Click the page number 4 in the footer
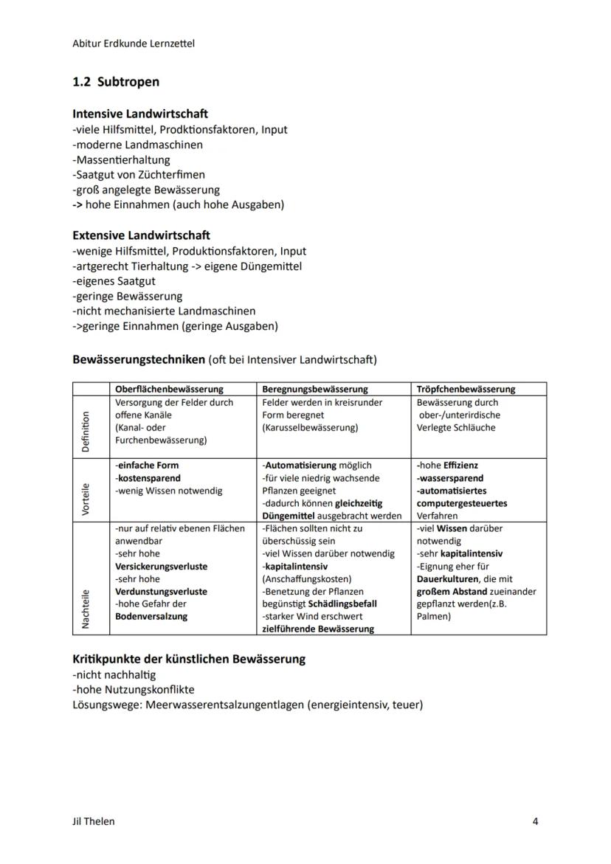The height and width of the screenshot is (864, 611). [x=535, y=821]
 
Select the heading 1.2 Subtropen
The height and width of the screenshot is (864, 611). [x=116, y=82]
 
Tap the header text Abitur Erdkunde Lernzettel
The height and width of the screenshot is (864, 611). [x=133, y=44]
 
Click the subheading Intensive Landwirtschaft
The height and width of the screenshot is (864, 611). [x=140, y=114]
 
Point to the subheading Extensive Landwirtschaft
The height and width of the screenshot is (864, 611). [x=141, y=235]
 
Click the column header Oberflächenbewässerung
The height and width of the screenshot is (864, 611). [x=169, y=389]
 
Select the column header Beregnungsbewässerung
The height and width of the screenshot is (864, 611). [x=315, y=389]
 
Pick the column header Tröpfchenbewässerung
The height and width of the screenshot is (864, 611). [x=466, y=389]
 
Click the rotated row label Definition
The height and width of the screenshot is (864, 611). [x=86, y=432]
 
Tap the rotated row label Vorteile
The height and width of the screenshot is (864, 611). [x=86, y=500]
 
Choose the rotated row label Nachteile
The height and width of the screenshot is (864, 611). [x=86, y=609]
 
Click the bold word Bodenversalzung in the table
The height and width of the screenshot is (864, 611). [x=151, y=616]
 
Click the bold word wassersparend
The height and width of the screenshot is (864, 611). [x=450, y=478]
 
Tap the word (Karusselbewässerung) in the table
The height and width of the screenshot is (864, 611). [x=310, y=428]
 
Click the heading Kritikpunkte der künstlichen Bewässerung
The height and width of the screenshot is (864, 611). [x=189, y=659]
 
